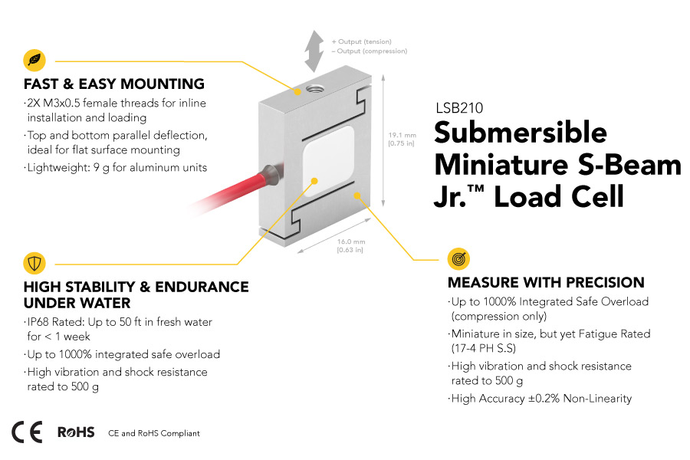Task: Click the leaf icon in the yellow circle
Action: [x=34, y=59]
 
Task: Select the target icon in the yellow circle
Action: [x=458, y=259]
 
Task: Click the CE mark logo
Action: [x=27, y=432]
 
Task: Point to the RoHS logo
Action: [x=76, y=432]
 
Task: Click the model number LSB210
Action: [x=458, y=109]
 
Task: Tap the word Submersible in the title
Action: [x=521, y=132]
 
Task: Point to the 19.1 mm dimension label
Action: [x=402, y=139]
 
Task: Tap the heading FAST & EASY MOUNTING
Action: [x=114, y=84]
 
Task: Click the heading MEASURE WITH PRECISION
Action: [x=546, y=283]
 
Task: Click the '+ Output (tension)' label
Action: [x=361, y=41]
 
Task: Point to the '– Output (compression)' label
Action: [x=369, y=51]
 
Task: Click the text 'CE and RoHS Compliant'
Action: [x=154, y=433]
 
